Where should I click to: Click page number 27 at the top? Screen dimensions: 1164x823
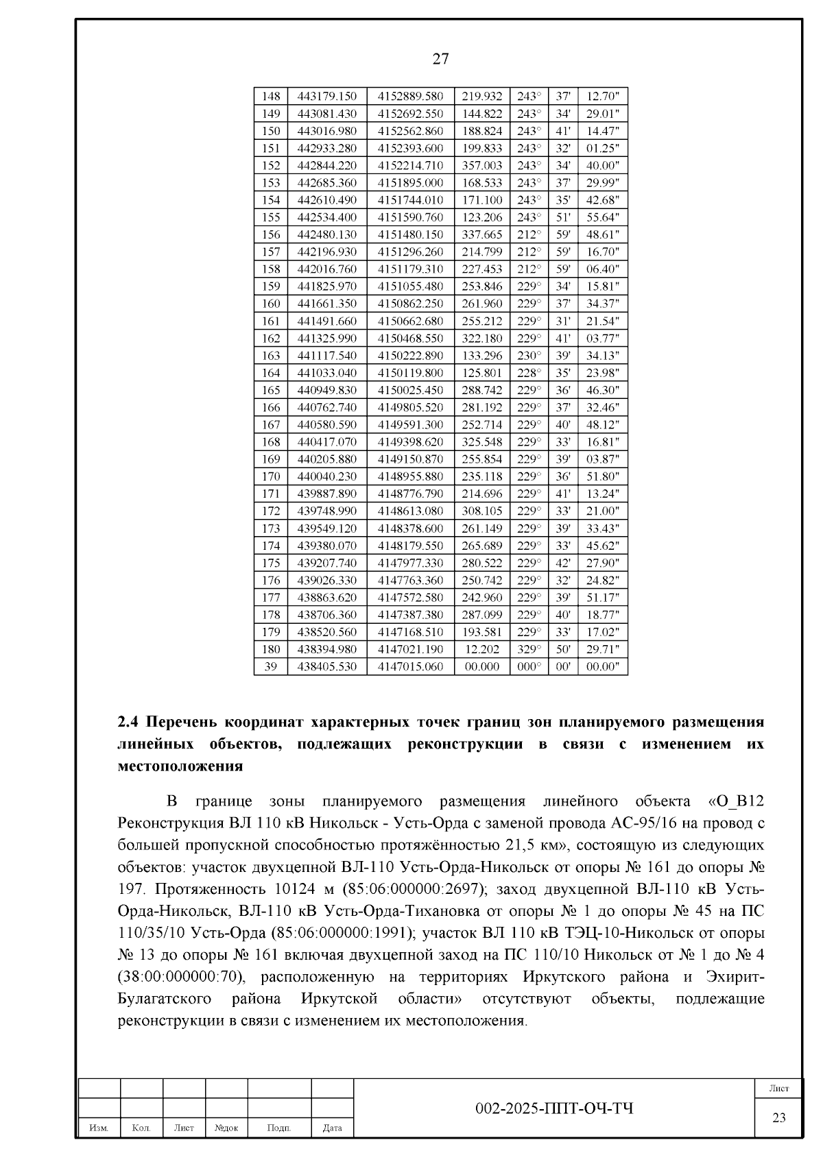[440, 59]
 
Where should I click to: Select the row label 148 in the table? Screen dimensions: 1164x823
[271, 97]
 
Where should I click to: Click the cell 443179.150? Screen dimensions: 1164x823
[326, 97]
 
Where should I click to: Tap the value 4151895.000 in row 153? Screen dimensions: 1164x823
[410, 183]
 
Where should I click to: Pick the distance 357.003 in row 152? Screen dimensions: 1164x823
[481, 166]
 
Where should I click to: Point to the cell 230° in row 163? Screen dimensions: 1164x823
[528, 356]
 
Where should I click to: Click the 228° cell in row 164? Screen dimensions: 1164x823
[528, 373]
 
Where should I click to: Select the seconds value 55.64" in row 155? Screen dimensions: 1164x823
[602, 217]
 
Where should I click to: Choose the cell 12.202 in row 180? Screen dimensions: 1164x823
[481, 649]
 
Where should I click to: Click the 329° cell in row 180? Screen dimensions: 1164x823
[528, 649]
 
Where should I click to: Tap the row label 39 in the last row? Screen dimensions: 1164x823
[271, 666]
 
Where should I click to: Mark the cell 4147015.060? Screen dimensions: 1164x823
[410, 666]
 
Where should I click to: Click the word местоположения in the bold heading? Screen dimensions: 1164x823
[180, 766]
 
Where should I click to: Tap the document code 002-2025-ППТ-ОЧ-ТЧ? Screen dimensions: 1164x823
[554, 1108]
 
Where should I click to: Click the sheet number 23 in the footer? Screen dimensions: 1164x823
[778, 1118]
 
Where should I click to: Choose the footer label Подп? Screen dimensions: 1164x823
[278, 1128]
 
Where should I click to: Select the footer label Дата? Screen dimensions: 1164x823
[332, 1128]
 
